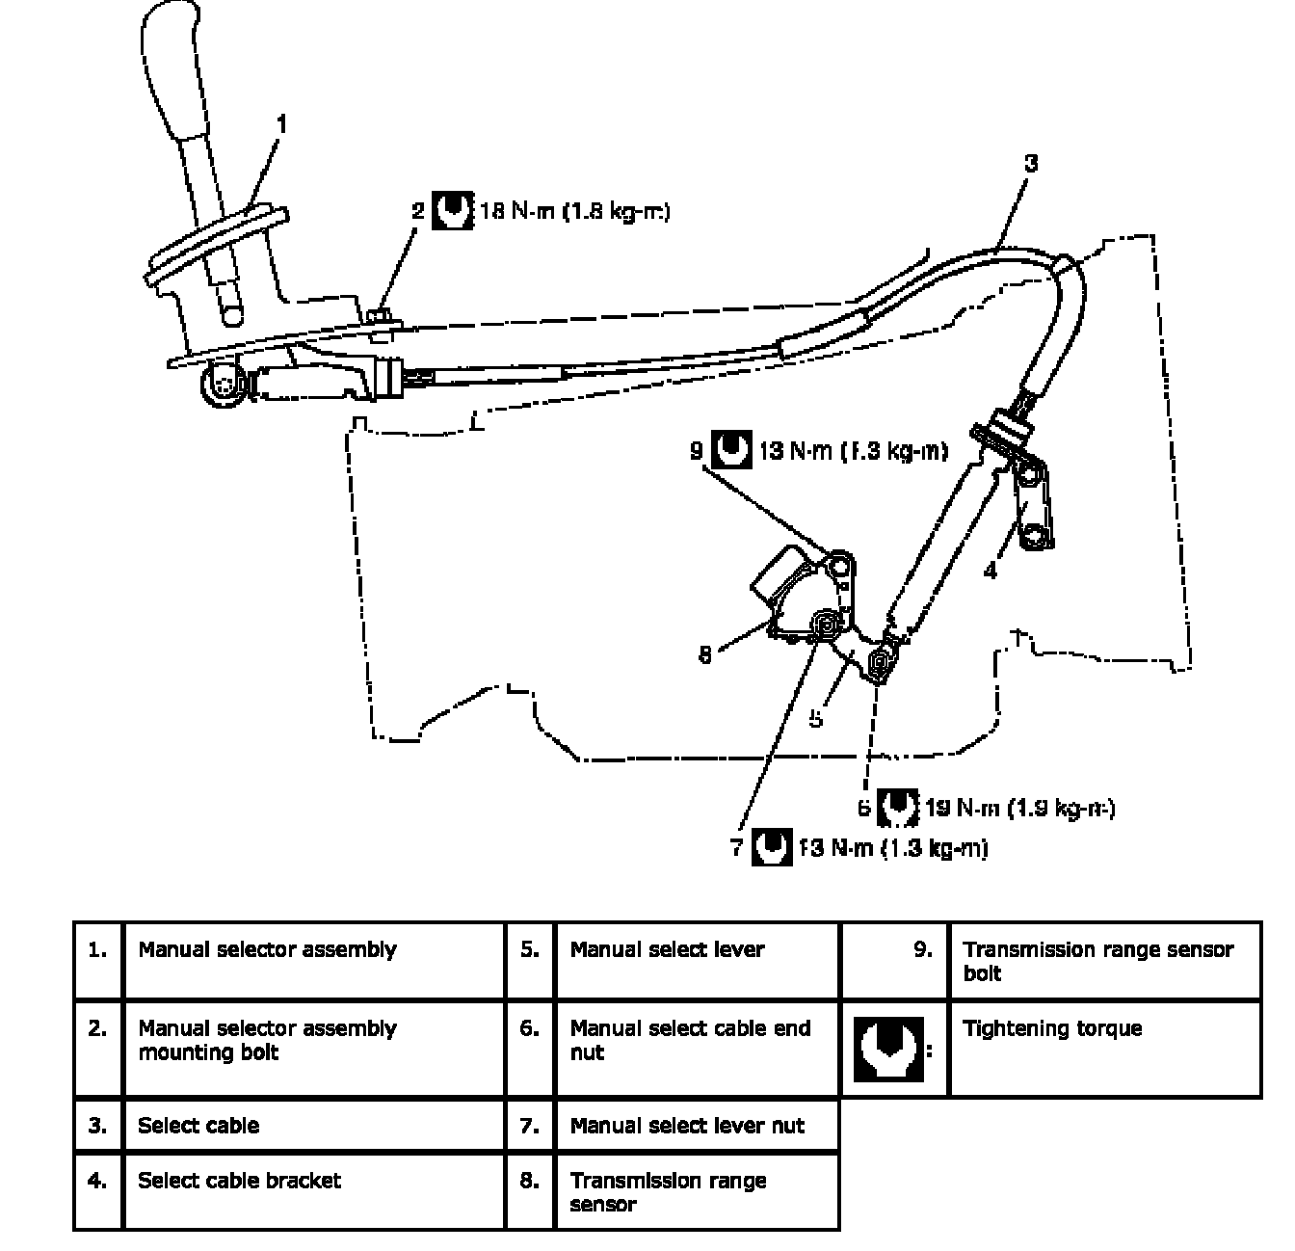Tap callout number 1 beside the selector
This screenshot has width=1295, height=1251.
(281, 124)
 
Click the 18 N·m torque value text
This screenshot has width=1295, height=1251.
(574, 211)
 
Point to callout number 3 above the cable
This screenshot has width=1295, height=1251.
(1031, 163)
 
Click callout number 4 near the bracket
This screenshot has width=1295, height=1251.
(990, 571)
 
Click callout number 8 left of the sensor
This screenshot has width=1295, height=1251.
(705, 654)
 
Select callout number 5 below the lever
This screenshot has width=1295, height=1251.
(816, 718)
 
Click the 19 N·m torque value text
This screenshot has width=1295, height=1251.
(1019, 808)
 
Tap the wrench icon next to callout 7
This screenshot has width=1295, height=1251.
(772, 848)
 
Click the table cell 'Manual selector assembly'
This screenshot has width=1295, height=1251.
(267, 950)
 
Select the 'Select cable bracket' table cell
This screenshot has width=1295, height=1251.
(239, 1181)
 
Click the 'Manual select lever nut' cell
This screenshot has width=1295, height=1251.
(686, 1126)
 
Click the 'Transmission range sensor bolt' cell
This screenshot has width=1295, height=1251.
(1097, 961)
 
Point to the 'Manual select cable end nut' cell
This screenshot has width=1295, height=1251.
(690, 1040)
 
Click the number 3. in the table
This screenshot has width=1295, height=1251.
(97, 1126)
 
